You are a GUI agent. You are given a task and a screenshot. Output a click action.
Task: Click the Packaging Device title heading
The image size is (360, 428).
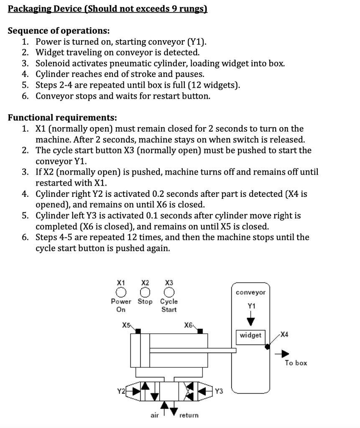coord(107,9)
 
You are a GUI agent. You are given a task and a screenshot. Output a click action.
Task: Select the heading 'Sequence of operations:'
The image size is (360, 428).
coord(59,31)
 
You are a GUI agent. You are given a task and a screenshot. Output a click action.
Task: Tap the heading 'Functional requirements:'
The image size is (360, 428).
coord(62,117)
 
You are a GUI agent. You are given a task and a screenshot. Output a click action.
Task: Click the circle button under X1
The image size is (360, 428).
coord(121,291)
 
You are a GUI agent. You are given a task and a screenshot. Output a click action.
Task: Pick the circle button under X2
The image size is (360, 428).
coord(145,291)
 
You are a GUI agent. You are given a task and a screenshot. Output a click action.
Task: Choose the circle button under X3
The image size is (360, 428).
coord(169,291)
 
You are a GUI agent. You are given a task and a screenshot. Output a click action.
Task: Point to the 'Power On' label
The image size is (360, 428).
coord(121,306)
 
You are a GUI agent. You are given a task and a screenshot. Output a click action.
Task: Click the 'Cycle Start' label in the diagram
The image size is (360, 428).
coord(169,306)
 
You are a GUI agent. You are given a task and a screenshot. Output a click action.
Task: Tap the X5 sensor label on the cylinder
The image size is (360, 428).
coord(126,325)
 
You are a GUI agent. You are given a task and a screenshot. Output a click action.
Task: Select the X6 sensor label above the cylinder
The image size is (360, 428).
coord(188,325)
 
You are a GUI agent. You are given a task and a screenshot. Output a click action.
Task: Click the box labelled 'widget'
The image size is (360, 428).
coord(251,336)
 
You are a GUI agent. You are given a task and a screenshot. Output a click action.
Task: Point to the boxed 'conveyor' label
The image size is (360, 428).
coord(250,293)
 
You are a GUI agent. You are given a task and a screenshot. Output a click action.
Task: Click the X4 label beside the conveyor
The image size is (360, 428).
coord(284,334)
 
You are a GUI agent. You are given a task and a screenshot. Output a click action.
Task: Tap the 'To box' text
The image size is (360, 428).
coord(296,363)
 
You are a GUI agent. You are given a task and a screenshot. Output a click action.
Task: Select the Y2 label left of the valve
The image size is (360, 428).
coord(121,391)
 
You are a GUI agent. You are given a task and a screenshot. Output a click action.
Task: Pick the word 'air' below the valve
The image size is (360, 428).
coord(155,415)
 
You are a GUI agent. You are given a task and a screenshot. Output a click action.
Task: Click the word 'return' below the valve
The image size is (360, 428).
coord(189,415)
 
